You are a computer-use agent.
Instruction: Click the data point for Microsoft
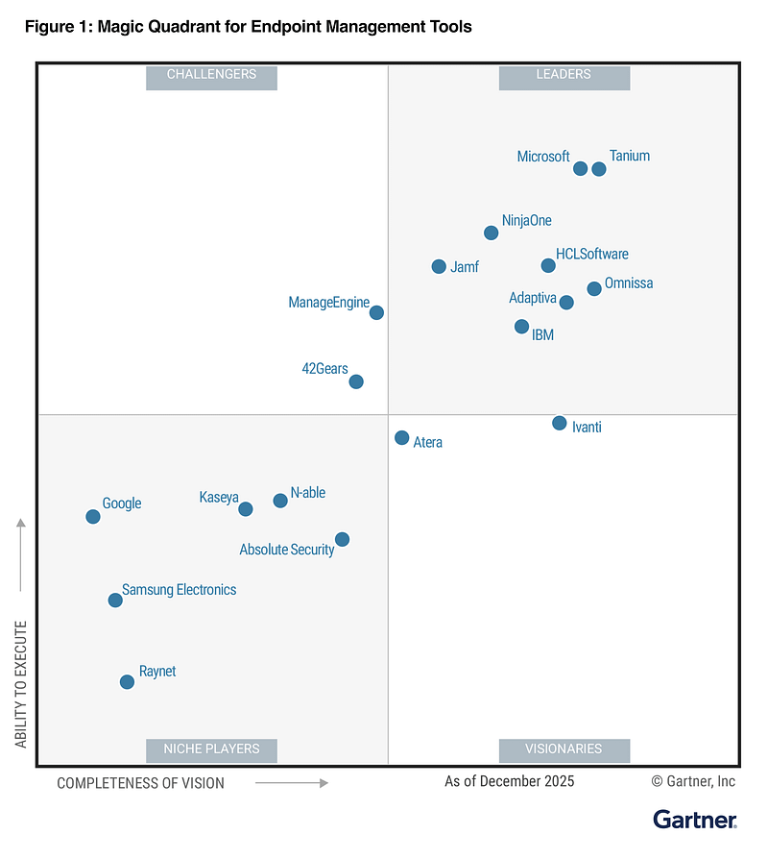coord(580,169)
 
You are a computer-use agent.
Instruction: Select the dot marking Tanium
coord(599,169)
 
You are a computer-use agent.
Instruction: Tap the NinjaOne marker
coord(492,233)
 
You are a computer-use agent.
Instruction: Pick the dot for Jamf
coord(439,266)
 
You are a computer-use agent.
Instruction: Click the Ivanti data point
coord(560,423)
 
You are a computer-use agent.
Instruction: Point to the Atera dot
coord(402,438)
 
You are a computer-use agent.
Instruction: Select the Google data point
coord(93,516)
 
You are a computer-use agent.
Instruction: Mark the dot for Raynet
coord(127,682)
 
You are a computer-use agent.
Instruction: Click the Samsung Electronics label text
coord(179,590)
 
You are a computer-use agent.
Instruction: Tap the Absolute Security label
coord(286,550)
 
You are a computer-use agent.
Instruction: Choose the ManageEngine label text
coord(328,303)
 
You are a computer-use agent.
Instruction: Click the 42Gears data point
coord(356,381)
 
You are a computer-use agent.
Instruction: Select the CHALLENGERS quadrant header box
coord(211,76)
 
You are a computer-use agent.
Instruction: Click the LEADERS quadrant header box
coord(564,76)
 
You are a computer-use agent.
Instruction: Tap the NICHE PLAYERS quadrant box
coord(211,749)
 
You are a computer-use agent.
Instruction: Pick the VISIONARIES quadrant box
coord(564,749)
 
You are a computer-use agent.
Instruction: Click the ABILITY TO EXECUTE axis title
coord(21,684)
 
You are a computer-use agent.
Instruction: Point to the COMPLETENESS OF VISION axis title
coord(140,783)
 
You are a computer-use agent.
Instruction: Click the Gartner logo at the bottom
coord(695,820)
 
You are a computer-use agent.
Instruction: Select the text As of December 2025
coord(509,781)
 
